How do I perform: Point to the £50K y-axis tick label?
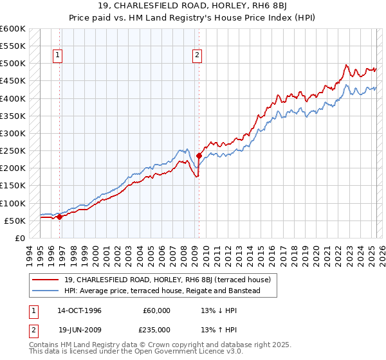pyautogui.click(x=15, y=221)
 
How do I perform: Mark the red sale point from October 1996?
pyautogui.click(x=60, y=217)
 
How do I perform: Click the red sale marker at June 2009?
pyautogui.click(x=199, y=156)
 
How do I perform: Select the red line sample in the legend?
pyautogui.click(x=47, y=280)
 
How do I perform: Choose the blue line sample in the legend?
pyautogui.click(x=47, y=291)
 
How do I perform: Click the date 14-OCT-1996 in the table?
pyautogui.click(x=79, y=310)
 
